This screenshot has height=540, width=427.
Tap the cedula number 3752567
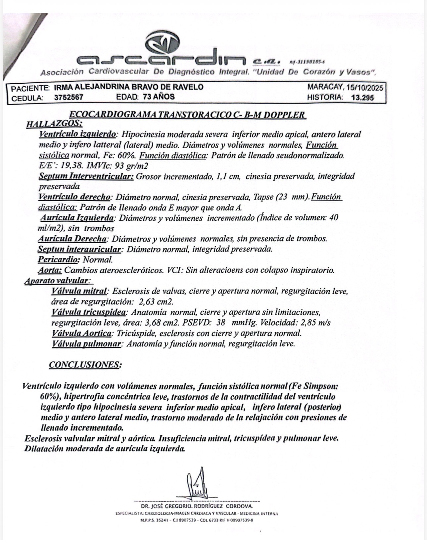(x=69, y=98)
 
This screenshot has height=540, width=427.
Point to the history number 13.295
(x=362, y=98)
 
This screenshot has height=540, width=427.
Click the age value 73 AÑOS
(x=159, y=97)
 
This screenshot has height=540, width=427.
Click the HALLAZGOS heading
(x=54, y=124)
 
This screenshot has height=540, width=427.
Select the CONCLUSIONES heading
(x=85, y=365)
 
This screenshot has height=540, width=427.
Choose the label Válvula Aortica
(x=82, y=333)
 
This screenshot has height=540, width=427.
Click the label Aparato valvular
(x=58, y=281)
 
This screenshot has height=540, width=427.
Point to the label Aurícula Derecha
(x=72, y=239)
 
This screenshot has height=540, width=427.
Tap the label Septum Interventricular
(x=86, y=176)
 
